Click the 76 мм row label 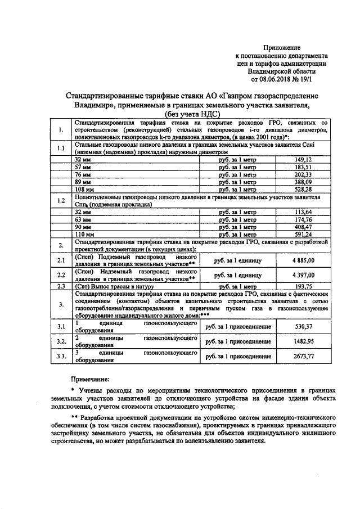pos(83,175)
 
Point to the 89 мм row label pos(83,183)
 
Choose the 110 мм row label pos(84,234)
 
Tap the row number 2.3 pos(61,286)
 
